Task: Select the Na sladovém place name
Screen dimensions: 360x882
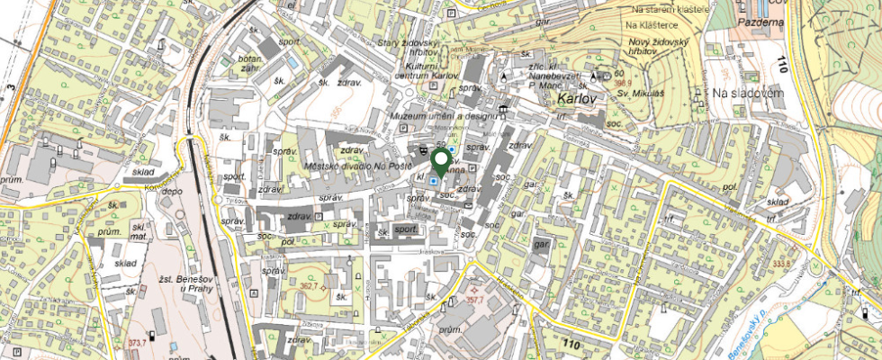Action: [743, 93]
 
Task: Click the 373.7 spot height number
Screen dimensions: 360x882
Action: [137, 343]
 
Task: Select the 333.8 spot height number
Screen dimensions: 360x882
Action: [781, 262]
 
